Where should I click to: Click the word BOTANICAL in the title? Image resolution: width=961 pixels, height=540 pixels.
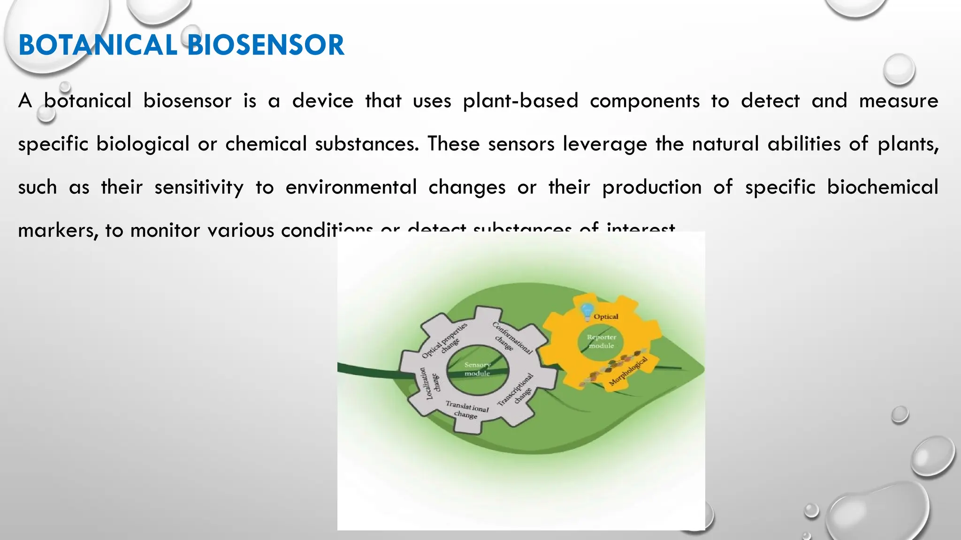(x=98, y=45)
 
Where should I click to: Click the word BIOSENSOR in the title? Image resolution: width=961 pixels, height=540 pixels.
(x=266, y=45)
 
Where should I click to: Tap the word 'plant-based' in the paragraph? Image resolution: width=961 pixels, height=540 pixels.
(x=520, y=101)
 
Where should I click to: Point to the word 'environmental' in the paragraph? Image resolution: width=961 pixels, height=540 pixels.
(x=351, y=187)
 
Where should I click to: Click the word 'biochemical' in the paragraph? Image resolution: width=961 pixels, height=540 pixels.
(x=882, y=187)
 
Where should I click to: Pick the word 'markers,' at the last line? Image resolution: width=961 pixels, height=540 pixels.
(x=57, y=231)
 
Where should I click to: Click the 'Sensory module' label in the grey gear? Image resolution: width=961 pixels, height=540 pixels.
(x=477, y=369)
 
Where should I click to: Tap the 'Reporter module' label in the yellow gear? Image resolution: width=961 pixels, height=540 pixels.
(x=601, y=341)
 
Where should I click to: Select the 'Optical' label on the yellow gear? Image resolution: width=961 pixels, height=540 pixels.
(x=606, y=316)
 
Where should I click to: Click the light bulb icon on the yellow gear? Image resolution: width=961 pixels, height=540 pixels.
(x=587, y=311)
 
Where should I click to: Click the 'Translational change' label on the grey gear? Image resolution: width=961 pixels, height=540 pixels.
(x=466, y=410)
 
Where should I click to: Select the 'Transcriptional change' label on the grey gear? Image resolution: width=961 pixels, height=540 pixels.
(x=518, y=390)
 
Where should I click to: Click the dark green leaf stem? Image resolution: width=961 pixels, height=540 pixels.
(x=366, y=369)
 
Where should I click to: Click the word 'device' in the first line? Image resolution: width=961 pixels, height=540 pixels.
(x=322, y=101)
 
